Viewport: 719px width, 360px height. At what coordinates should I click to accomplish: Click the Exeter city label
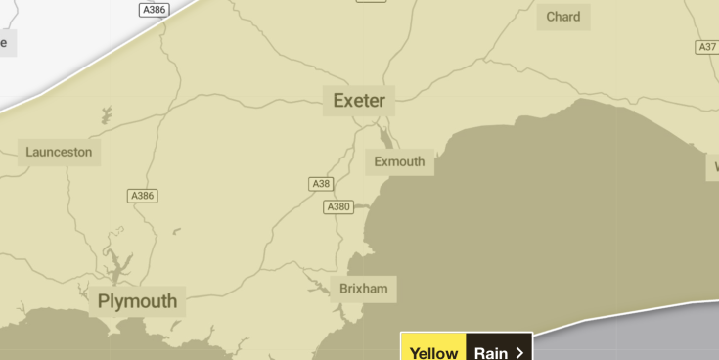359,101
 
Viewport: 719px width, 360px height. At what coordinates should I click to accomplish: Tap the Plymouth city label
138,301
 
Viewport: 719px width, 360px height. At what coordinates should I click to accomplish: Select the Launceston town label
59,152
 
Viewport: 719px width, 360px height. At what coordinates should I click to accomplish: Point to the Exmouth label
399,161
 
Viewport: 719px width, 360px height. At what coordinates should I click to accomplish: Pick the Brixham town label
363,289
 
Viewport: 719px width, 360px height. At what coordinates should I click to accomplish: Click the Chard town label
563,17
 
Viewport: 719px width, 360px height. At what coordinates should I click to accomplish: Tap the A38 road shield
320,184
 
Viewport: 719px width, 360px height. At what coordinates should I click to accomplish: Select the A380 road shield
337,207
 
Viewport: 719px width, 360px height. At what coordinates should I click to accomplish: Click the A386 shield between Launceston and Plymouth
143,196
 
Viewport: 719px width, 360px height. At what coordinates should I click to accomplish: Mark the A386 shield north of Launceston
154,9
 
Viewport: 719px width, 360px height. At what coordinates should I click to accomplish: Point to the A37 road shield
706,47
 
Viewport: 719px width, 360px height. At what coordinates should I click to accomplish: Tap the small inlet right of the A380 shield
360,207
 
